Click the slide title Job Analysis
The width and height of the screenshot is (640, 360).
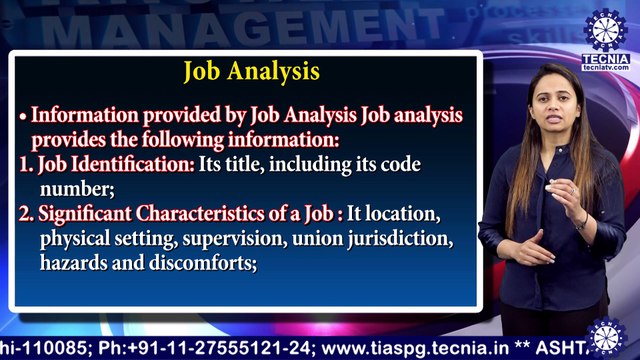(251, 72)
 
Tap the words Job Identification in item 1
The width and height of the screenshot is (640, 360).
(116, 164)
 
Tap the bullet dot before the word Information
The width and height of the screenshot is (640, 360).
(22, 115)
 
